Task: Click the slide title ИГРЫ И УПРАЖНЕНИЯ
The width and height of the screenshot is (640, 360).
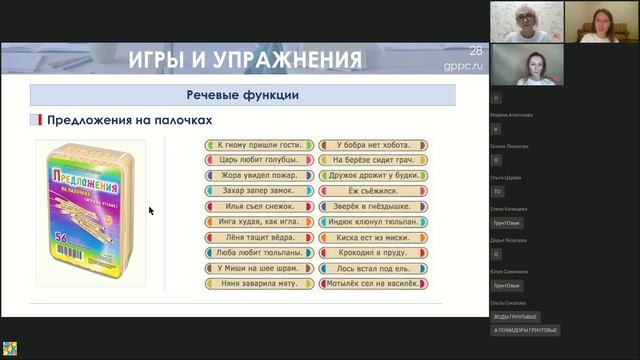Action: point(244,60)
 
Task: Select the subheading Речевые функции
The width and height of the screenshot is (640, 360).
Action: point(243,96)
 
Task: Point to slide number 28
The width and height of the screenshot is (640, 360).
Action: point(476,51)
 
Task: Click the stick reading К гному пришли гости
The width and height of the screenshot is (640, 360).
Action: point(260,145)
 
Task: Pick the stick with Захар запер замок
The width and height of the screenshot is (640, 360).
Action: point(260,191)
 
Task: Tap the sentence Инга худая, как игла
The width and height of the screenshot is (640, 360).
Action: point(260,222)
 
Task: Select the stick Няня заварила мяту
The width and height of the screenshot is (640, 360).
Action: point(260,283)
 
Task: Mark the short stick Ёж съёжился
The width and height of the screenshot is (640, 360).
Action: point(373,191)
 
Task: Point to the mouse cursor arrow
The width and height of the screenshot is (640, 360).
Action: point(151,211)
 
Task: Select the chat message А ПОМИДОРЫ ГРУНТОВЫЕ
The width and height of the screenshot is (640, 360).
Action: point(526,329)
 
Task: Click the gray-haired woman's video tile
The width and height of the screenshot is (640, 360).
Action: point(526,22)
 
